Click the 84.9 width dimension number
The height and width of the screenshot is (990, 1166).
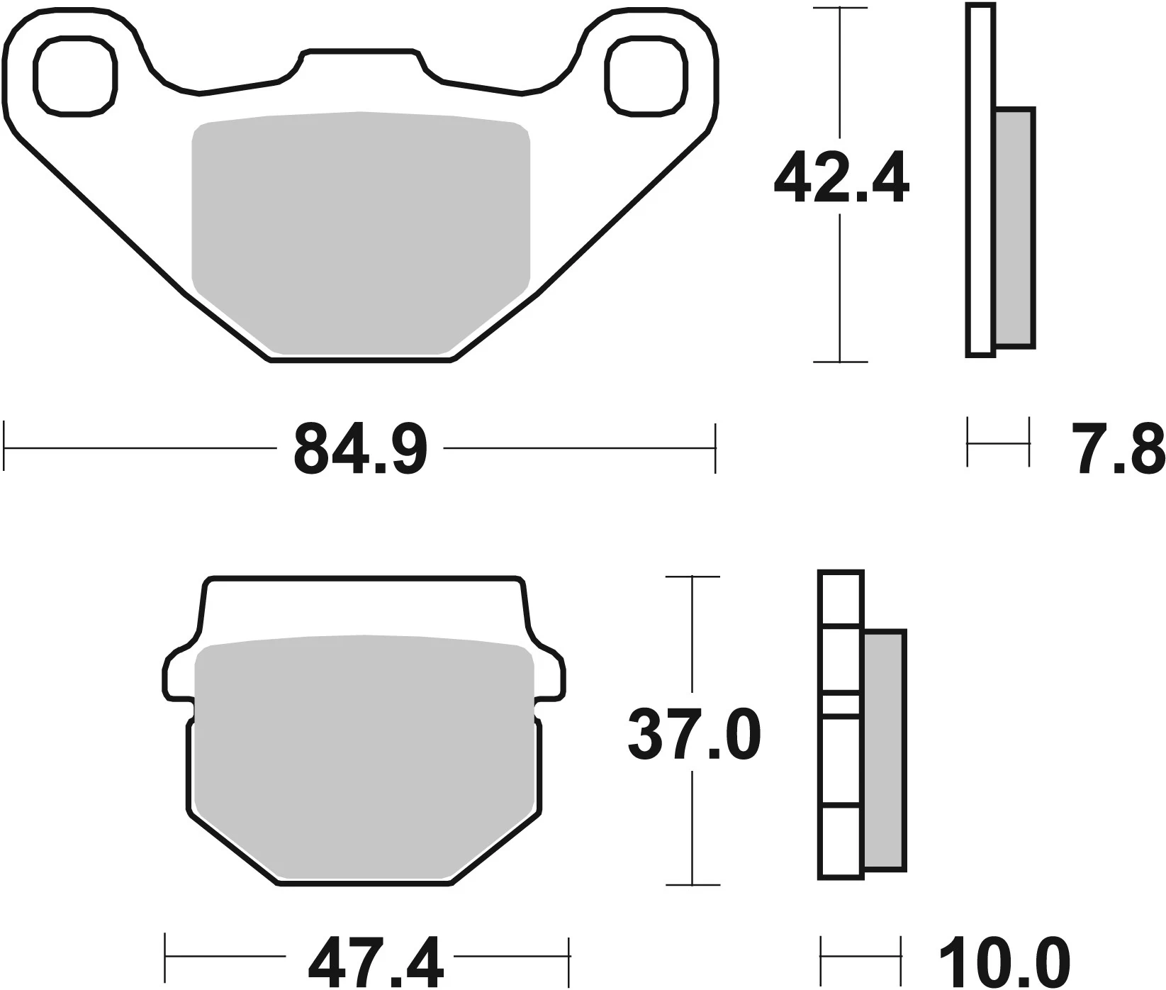[360, 449]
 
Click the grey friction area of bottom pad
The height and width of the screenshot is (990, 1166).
[364, 759]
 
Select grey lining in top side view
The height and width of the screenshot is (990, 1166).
[1014, 227]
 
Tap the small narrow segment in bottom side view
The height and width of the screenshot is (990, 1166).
[841, 705]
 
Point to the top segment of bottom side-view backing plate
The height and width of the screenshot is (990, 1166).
[841, 599]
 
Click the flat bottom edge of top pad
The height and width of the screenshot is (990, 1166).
[360, 361]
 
